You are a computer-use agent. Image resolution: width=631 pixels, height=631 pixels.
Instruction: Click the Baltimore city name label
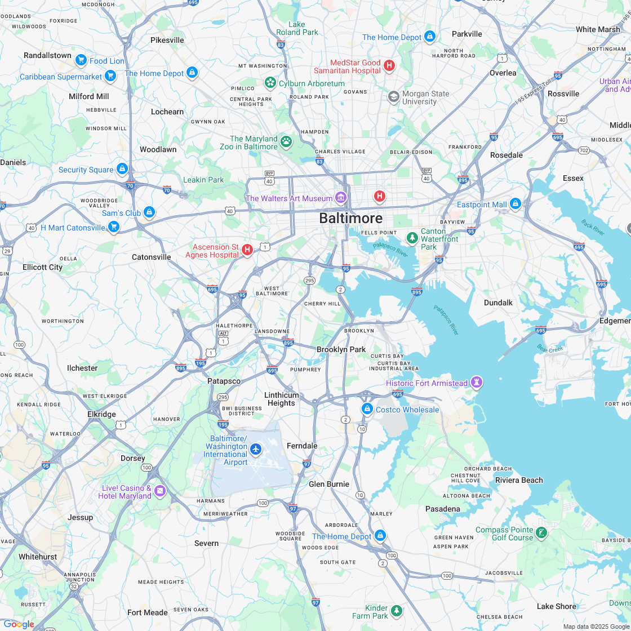click(x=350, y=218)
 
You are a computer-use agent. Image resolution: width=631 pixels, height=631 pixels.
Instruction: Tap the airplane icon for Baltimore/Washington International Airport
click(x=256, y=449)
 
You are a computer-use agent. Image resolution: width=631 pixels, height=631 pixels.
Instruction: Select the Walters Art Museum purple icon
click(x=340, y=198)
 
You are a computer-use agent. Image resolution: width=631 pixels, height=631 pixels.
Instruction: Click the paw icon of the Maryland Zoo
click(x=286, y=141)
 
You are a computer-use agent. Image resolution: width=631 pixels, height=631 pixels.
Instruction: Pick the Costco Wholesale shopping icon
click(x=367, y=408)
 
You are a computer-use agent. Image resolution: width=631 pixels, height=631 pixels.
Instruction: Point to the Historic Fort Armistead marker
click(x=477, y=383)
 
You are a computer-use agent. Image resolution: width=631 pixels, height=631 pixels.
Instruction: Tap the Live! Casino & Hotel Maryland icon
click(x=160, y=491)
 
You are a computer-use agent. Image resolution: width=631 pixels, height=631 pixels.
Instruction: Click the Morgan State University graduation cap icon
click(x=393, y=97)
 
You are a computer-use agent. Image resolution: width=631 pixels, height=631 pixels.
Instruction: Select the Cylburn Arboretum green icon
click(x=270, y=83)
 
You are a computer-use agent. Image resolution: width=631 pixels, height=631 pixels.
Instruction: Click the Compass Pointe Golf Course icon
click(x=541, y=533)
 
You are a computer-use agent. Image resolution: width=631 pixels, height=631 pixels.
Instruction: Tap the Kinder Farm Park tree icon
click(x=397, y=611)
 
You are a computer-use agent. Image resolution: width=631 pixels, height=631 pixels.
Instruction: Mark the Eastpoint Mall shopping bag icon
click(x=515, y=204)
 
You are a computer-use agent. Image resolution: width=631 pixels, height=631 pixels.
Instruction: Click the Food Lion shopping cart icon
click(x=81, y=60)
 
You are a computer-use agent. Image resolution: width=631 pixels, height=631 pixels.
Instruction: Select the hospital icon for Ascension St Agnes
click(x=247, y=250)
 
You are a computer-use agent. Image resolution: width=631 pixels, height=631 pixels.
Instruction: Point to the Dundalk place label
click(x=498, y=303)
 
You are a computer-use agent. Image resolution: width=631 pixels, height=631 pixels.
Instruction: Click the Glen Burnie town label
click(x=329, y=484)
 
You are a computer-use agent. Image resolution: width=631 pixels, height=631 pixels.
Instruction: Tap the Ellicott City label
click(x=42, y=267)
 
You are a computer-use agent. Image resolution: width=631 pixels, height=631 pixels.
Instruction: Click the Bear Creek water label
click(x=550, y=349)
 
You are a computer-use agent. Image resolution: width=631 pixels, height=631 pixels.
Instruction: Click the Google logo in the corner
click(x=18, y=624)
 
